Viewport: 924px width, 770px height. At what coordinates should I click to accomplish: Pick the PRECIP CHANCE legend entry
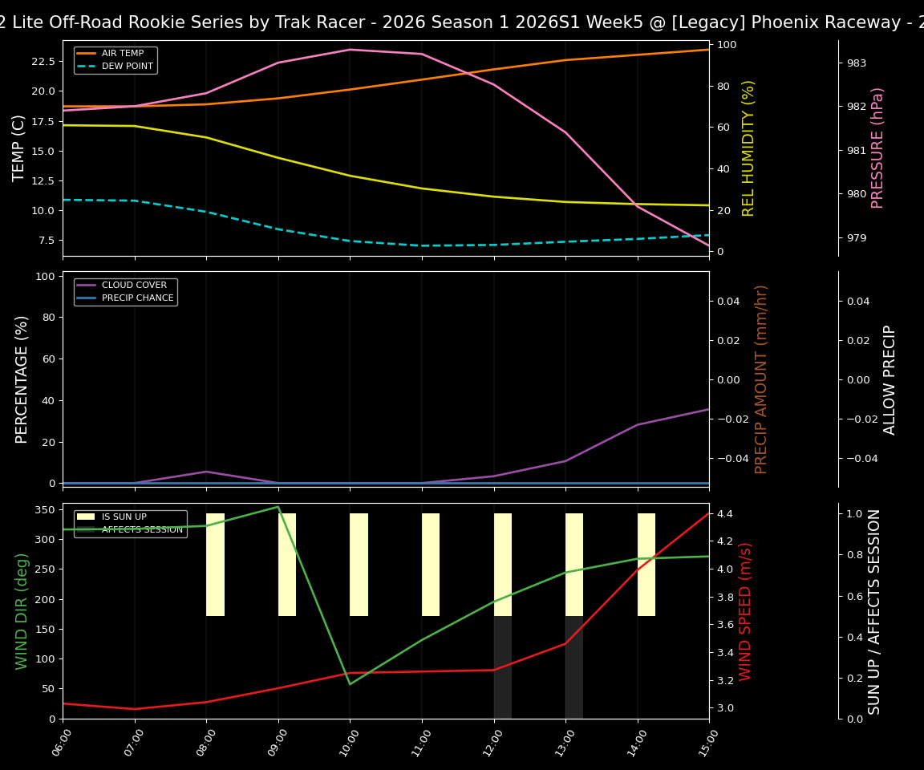tap(137, 298)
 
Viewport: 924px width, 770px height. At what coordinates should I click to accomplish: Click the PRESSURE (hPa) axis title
tap(877, 148)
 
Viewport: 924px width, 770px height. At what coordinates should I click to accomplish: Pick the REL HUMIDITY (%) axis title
tap(748, 148)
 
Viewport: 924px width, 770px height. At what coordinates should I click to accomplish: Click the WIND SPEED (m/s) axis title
tap(745, 611)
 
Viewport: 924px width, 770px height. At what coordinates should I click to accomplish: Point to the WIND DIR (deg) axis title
tap(22, 611)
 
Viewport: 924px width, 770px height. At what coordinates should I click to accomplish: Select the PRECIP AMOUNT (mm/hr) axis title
tap(761, 379)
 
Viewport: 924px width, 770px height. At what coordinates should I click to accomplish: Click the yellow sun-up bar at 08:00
tap(215, 565)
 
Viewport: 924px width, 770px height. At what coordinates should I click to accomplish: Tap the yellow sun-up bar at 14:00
tap(646, 565)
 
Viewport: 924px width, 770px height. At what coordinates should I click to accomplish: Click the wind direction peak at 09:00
tap(278, 507)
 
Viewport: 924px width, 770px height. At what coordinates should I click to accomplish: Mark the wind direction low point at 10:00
tap(350, 684)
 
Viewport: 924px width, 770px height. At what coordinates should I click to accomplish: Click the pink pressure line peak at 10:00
tap(350, 50)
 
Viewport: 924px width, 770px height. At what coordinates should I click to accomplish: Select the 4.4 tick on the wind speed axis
tap(725, 513)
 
